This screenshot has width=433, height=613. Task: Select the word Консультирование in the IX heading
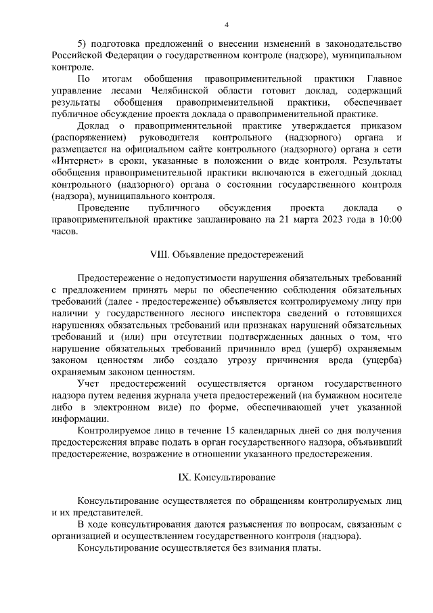pyautogui.click(x=235, y=478)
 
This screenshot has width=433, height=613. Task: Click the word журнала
pyautogui.click(x=215, y=396)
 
